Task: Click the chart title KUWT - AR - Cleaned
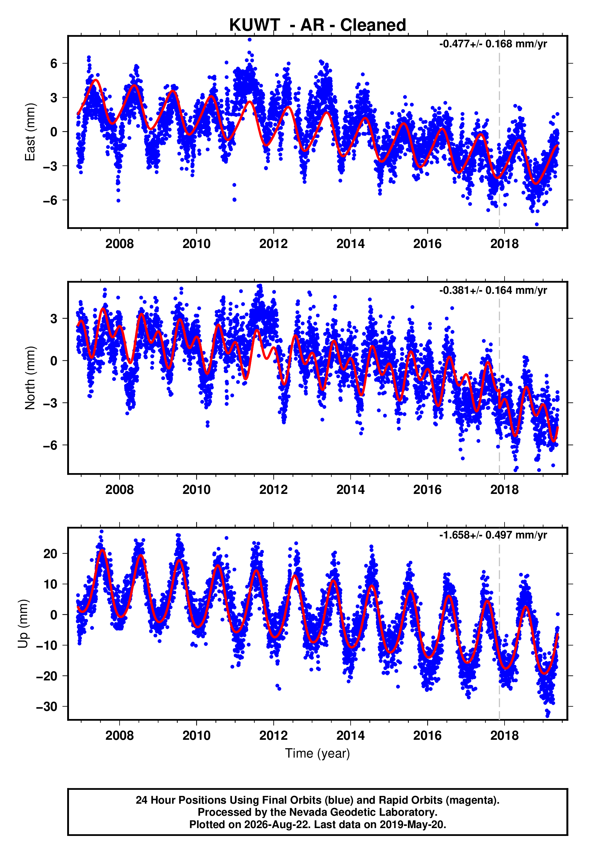click(x=317, y=25)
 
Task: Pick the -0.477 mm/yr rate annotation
click(x=493, y=44)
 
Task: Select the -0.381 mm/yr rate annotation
click(x=493, y=290)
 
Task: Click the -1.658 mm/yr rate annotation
click(x=493, y=535)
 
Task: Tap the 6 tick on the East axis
click(x=54, y=63)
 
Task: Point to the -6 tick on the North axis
click(x=50, y=445)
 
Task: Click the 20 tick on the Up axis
click(x=51, y=554)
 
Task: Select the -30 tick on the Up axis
click(x=47, y=707)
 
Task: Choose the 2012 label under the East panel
click(x=273, y=244)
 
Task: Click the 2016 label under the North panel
click(x=427, y=490)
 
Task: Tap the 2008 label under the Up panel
click(x=119, y=736)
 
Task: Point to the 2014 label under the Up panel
click(x=350, y=736)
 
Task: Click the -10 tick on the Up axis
click(x=47, y=645)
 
